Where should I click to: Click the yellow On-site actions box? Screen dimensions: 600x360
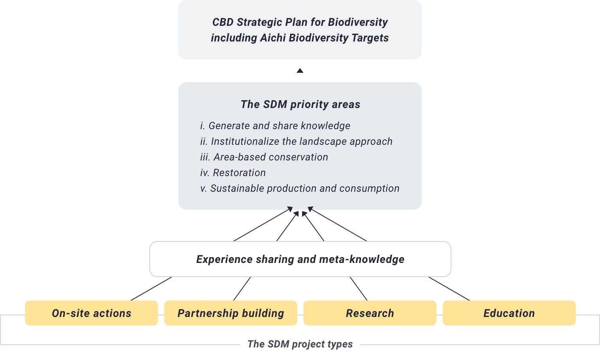92,313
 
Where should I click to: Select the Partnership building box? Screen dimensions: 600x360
231,313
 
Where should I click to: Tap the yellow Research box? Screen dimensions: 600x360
370,313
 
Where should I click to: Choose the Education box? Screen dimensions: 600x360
509,313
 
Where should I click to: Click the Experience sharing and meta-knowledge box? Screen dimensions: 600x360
300,259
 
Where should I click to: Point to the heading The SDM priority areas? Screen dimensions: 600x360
300,104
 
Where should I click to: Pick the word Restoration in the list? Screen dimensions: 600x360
239,173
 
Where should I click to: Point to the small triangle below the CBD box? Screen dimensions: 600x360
300,70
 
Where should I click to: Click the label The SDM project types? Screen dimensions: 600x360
300,344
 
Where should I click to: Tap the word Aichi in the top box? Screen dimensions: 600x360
273,38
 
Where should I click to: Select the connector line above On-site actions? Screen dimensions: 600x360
151,289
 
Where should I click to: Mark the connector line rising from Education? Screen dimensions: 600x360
449,289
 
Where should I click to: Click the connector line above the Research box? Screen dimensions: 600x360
359,289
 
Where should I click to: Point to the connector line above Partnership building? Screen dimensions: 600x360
242,289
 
